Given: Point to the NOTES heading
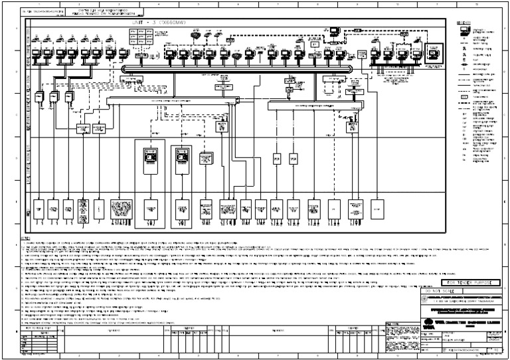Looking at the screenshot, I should click(27, 238).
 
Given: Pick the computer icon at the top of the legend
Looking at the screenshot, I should click(463, 31).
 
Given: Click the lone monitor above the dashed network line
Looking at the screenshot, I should click(337, 30).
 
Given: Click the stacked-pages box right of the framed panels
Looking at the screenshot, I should click(206, 158).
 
